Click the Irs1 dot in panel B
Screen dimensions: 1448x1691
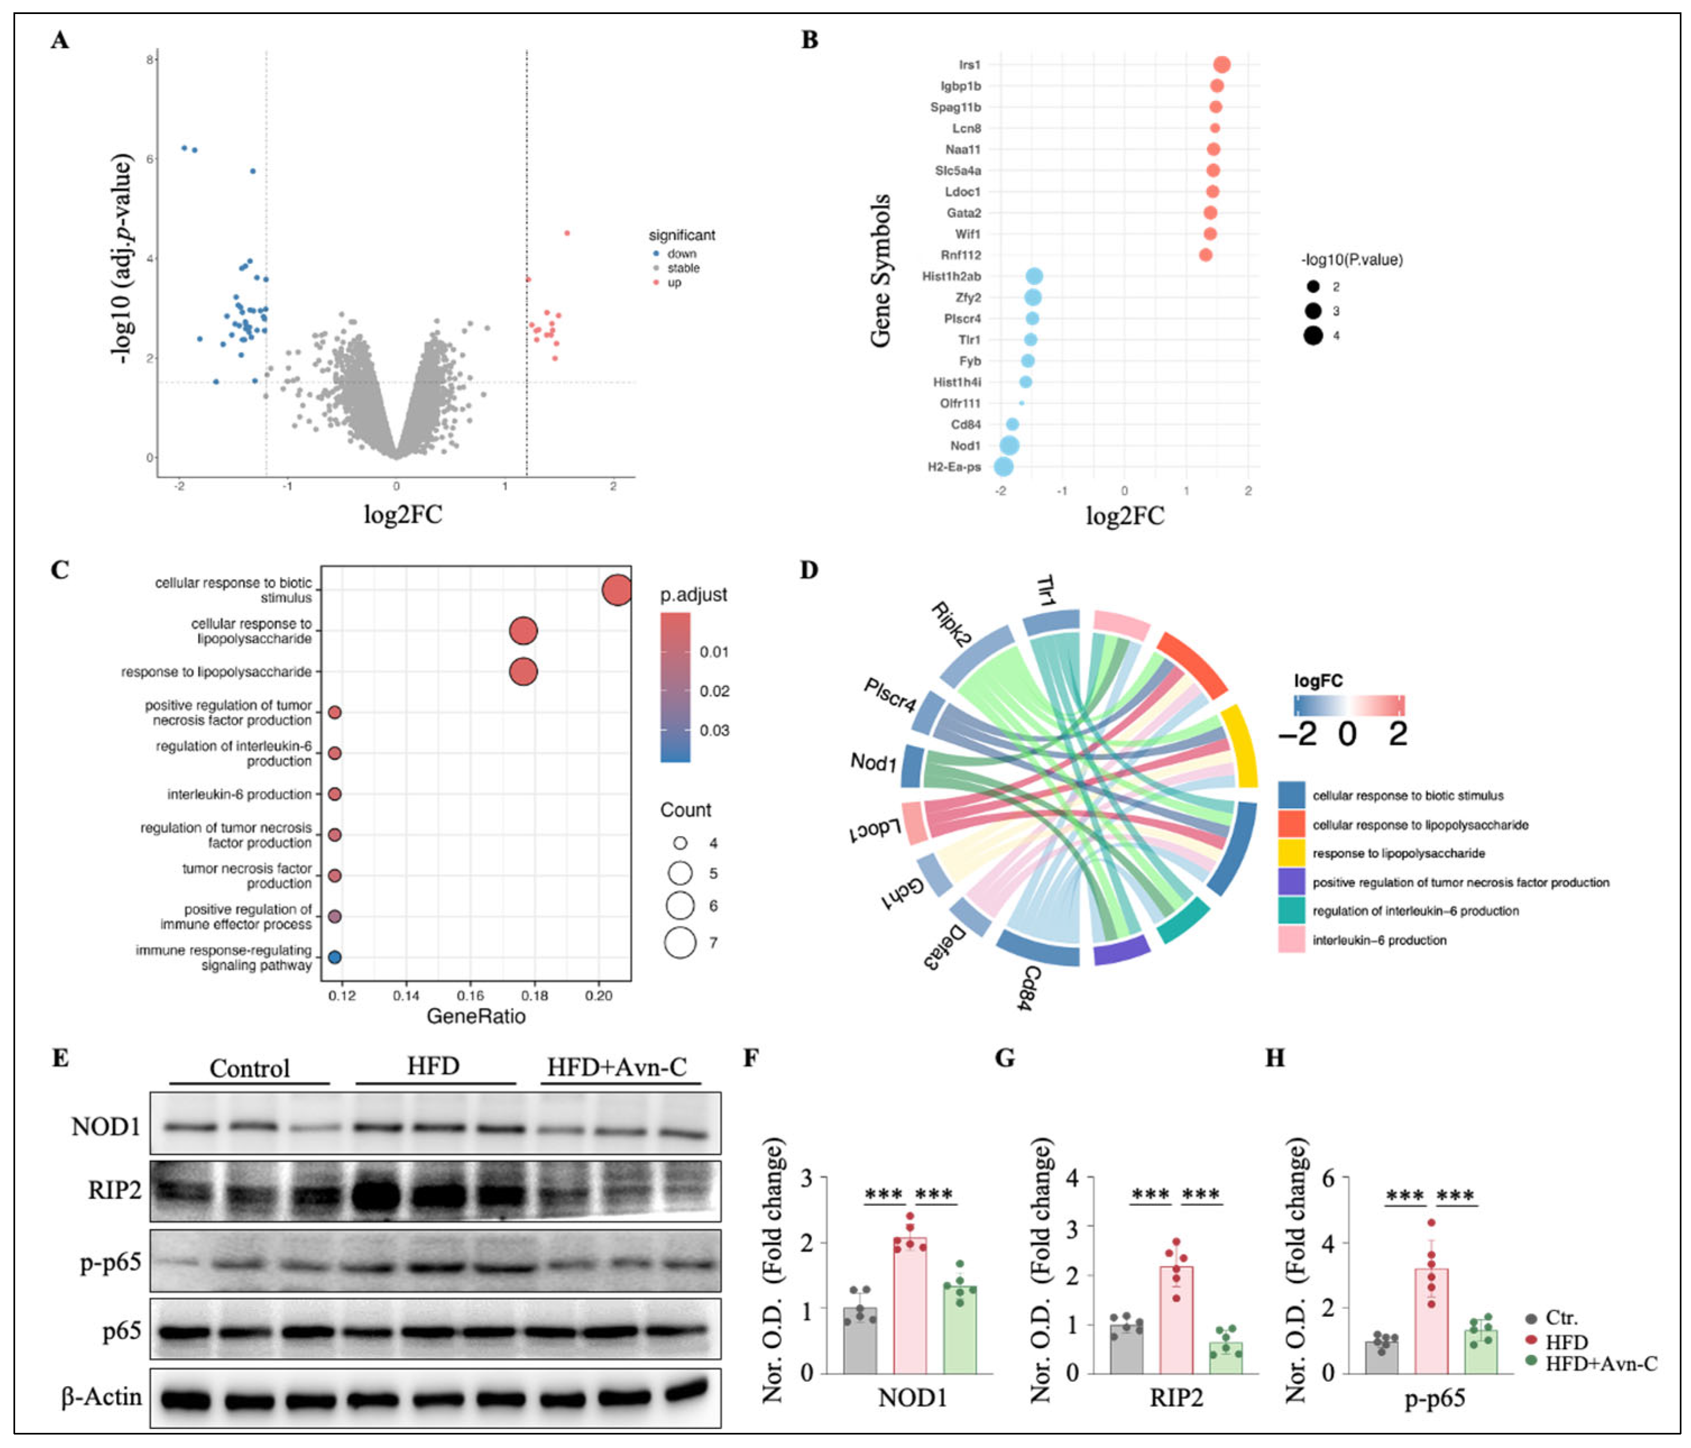coord(1221,64)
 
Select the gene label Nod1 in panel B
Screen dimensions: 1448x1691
coord(965,446)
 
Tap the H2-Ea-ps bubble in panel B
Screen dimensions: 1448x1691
coord(1003,467)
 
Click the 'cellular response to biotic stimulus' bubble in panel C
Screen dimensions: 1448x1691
coord(616,590)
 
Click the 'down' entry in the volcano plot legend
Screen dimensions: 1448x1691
coord(681,254)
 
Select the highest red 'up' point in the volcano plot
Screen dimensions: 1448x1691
coord(567,233)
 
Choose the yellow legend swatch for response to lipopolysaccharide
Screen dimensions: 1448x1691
coord(1291,853)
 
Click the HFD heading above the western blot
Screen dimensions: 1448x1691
coord(434,1066)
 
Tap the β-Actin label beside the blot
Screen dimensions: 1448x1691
coord(102,1396)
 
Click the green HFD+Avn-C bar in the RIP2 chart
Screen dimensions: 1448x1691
coord(1226,1357)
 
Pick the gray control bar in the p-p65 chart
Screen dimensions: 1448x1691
coord(1382,1357)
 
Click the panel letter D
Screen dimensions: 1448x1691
coord(809,570)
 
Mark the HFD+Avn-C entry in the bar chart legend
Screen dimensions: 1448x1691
coord(1600,1363)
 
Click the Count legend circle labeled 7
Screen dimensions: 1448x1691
coord(680,943)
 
